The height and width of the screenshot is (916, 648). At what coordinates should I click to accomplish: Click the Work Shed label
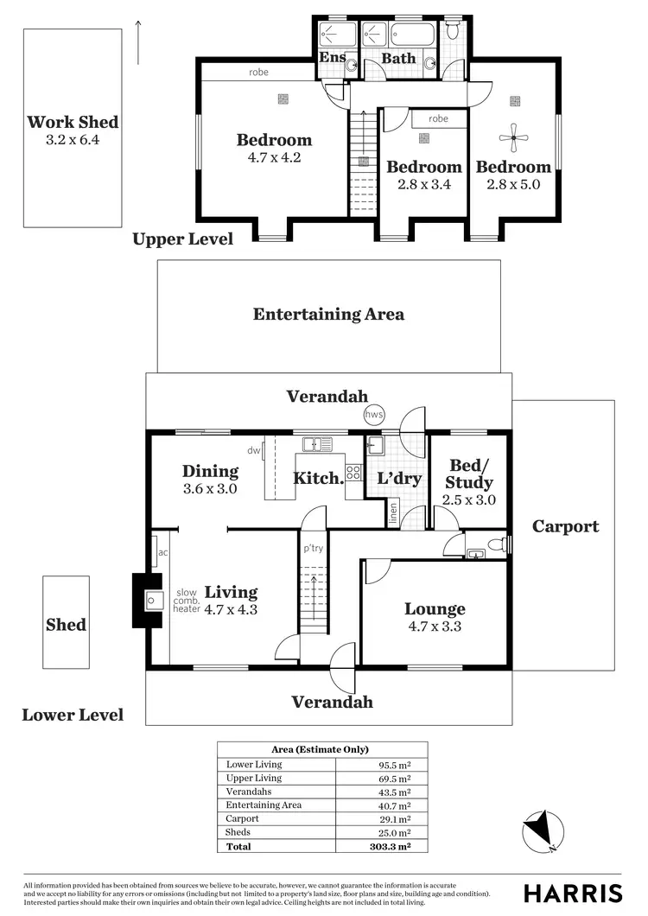pos(73,122)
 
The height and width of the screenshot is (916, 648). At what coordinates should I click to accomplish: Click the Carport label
pos(565,526)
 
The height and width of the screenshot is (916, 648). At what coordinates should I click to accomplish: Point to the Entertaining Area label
pos(328,315)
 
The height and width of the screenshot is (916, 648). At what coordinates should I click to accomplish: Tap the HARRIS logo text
pos(573,893)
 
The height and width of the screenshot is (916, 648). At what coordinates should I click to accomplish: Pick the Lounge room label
pos(435,609)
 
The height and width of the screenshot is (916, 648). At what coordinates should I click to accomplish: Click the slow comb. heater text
pos(187,601)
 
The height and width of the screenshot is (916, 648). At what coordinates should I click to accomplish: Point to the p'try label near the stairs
pos(312,548)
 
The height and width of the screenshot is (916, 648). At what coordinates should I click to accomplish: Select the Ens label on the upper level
pos(333,58)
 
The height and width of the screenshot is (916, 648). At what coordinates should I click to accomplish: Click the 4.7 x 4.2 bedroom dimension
pos(274,158)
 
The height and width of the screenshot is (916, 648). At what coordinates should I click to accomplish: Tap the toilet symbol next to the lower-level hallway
pos(494,546)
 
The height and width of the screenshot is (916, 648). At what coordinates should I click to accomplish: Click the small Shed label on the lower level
pos(66,624)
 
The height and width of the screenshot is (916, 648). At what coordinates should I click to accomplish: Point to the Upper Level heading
pos(182,239)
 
